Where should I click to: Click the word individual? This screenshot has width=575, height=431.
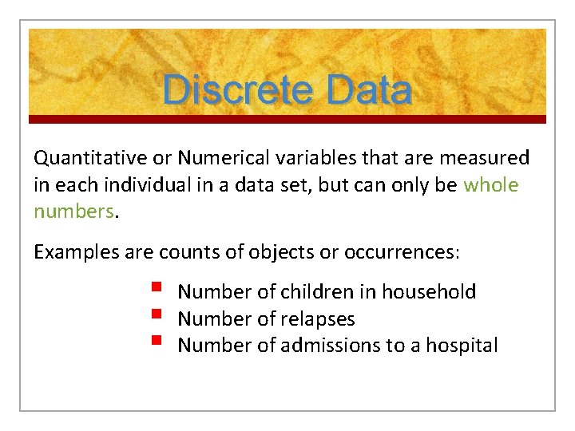143,185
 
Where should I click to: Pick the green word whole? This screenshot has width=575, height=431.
490,185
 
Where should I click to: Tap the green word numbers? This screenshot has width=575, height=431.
73,212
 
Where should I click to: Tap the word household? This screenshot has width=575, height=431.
429,292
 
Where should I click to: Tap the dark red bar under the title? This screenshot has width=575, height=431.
287,119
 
